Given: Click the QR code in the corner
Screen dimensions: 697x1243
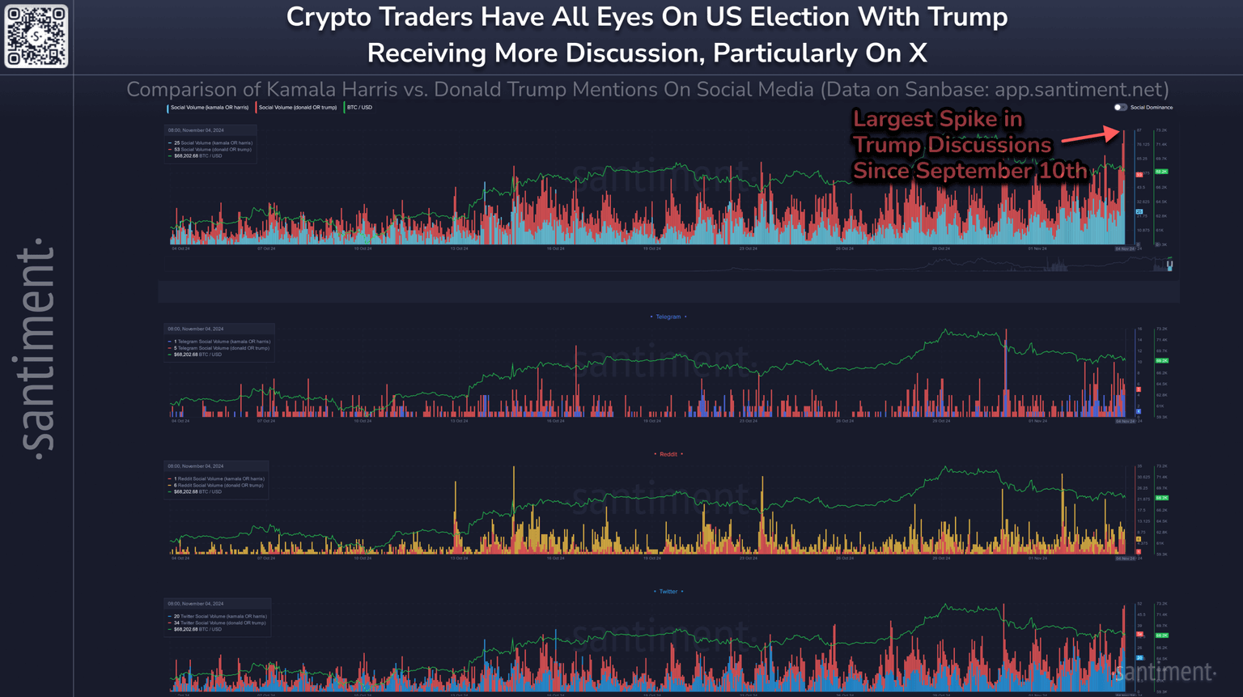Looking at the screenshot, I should coord(36,36).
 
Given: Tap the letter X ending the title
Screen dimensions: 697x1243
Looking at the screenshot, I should coord(917,53).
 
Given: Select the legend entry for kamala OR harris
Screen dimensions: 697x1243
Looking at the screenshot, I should coord(209,108).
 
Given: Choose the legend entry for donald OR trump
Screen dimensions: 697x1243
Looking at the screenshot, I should coord(297,108).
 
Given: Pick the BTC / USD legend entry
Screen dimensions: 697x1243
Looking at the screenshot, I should coord(359,108).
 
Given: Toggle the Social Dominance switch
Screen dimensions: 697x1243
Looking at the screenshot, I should coord(1120,107).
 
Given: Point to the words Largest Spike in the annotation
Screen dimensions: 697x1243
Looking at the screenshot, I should coord(937,119).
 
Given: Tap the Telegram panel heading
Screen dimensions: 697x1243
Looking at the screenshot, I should coord(668,317).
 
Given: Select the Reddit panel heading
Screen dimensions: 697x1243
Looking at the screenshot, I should coord(668,454).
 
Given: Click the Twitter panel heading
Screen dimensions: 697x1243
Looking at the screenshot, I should coord(668,592).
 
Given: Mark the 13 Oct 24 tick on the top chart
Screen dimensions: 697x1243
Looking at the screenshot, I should coord(459,249).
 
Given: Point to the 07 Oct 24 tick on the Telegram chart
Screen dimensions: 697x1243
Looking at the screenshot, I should coord(266,421).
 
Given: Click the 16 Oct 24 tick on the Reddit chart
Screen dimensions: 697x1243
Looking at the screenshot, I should coord(555,559).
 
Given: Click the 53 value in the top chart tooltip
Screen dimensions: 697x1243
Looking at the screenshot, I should coord(177,150).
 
